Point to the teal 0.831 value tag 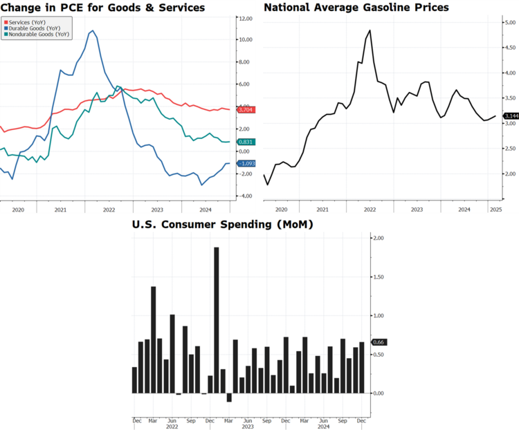pyautogui.click(x=246, y=142)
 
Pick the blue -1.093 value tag pyautogui.click(x=246, y=164)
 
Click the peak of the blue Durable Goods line pyautogui.click(x=92, y=31)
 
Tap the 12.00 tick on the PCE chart pyautogui.click(x=246, y=18)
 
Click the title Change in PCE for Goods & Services pyautogui.click(x=103, y=8)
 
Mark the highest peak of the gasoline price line pyautogui.click(x=370, y=30)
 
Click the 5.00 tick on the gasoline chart pyautogui.click(x=510, y=23)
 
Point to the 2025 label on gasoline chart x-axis pyautogui.click(x=495, y=208)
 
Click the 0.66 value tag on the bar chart pyautogui.click(x=379, y=342)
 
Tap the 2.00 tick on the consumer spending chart pyautogui.click(x=378, y=238)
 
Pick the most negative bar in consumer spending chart pyautogui.click(x=228, y=397)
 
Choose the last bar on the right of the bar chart pyautogui.click(x=362, y=367)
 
